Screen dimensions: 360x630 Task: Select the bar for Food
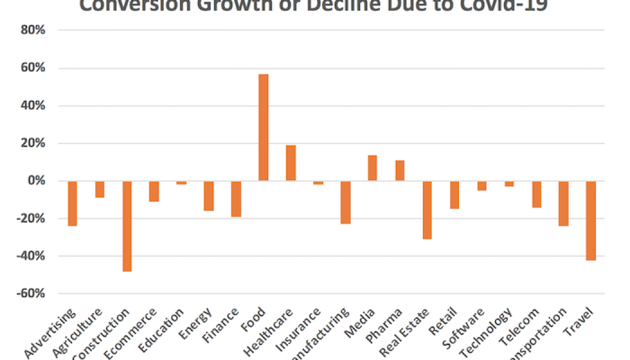tap(263, 127)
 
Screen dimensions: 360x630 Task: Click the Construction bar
tap(127, 226)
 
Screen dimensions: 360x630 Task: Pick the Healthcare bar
tap(291, 163)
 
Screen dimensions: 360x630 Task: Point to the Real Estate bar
tap(427, 210)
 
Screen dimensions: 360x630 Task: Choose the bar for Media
tap(373, 168)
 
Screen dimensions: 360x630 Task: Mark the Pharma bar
tap(400, 170)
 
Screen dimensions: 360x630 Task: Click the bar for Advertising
tap(73, 203)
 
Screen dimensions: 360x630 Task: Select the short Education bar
tap(181, 182)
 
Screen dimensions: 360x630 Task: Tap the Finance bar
tap(236, 199)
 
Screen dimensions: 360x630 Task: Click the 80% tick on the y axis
tap(34, 31)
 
